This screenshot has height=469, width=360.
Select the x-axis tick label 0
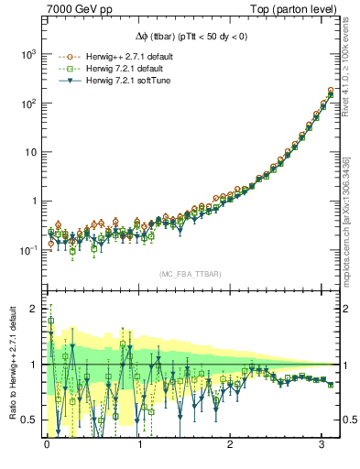point(47,445)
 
